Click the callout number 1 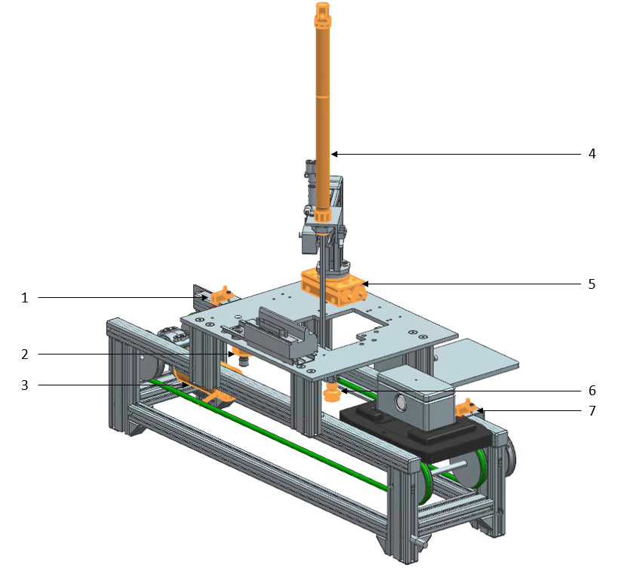click(25, 298)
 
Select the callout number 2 click(25, 353)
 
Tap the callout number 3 click(25, 385)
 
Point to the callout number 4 click(592, 154)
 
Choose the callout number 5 click(592, 284)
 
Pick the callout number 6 click(592, 391)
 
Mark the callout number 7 click(592, 411)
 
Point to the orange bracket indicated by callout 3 click(215, 394)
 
